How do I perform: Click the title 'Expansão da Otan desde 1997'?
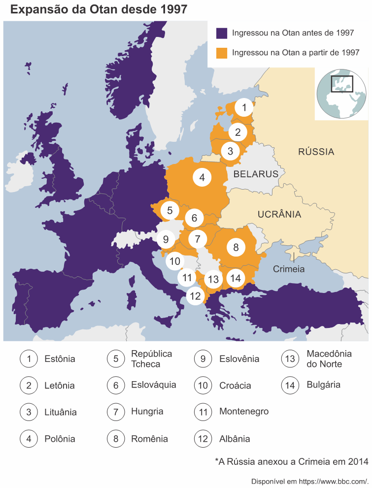(99, 9)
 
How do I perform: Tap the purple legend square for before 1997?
(222, 33)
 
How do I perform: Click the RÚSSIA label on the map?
(316, 152)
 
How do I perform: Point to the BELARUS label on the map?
(256, 174)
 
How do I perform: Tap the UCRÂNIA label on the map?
(279, 214)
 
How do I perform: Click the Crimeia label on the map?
(289, 269)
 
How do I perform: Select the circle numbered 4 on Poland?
(202, 177)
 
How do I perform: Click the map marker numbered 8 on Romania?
(236, 247)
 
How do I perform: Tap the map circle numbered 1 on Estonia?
(243, 107)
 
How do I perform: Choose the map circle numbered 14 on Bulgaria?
(236, 278)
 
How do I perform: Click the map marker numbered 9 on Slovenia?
(166, 240)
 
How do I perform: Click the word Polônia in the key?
(60, 439)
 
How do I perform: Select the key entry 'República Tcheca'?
(151, 359)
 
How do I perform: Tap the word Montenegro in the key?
(244, 411)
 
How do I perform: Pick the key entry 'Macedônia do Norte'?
(329, 359)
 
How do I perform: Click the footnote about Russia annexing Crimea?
(291, 461)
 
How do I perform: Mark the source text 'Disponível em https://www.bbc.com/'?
(310, 481)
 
